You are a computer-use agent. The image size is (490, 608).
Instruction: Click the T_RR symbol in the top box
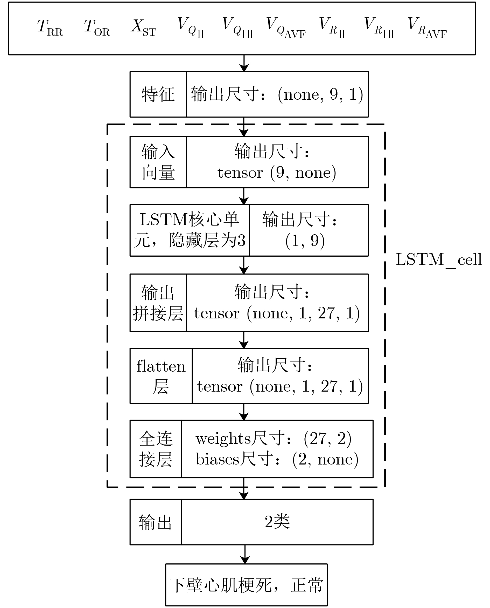click(50, 28)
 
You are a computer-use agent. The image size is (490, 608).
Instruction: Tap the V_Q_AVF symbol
click(285, 28)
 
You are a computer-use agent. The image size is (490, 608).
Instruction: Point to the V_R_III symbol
click(379, 28)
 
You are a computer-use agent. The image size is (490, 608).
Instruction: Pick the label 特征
click(158, 94)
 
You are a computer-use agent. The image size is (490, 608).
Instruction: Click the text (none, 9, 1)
click(320, 94)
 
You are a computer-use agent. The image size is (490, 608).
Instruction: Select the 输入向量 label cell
click(158, 162)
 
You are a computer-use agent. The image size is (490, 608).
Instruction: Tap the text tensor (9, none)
click(277, 172)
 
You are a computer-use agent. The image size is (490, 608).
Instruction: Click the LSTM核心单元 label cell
click(190, 230)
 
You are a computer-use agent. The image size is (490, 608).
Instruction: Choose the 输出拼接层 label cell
click(158, 303)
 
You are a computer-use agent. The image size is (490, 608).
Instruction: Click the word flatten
click(161, 366)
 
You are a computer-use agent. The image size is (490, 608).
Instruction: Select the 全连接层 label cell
click(156, 449)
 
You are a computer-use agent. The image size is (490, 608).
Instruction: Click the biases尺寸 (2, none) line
click(277, 459)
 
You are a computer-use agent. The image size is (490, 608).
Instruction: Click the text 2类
click(277, 522)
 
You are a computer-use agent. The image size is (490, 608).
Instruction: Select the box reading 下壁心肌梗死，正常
click(246, 585)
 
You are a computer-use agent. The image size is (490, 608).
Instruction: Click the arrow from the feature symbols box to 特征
click(244, 63)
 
